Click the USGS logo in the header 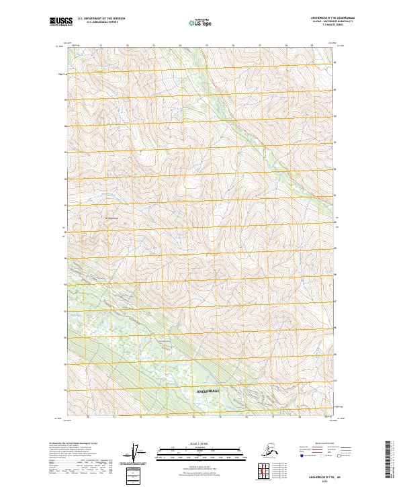point(61,21)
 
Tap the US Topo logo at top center point(202,22)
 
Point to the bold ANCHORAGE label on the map point(208,390)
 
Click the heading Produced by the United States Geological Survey point(77,444)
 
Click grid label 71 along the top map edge point(101,46)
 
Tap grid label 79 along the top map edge point(312,46)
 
